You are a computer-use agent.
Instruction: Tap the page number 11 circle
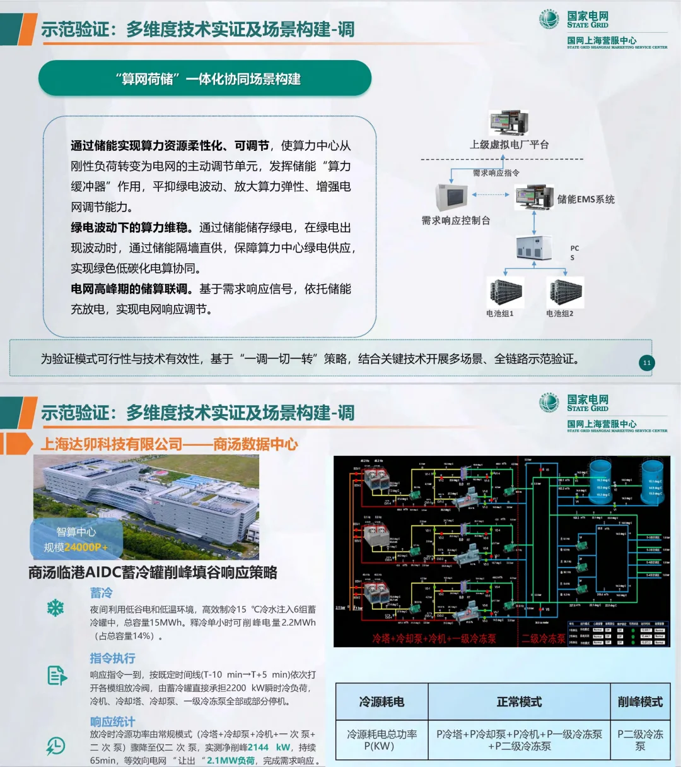point(646,362)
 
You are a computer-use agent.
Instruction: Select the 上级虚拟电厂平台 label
point(509,145)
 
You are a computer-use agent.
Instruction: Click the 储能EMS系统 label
point(585,199)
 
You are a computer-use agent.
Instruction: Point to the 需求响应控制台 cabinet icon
point(451,197)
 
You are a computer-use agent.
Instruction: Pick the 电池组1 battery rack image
point(504,292)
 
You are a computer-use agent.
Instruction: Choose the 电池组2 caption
point(559,314)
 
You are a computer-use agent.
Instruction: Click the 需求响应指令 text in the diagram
point(496,173)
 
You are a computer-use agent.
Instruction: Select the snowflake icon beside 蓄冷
point(55,608)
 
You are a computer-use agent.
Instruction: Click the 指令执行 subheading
point(112,658)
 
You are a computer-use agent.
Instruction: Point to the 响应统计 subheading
point(112,721)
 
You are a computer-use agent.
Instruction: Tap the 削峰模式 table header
point(640,702)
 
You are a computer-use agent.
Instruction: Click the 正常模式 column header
point(519,702)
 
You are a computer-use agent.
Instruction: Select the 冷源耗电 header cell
point(381,702)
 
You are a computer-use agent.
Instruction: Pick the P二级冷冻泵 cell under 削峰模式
point(640,740)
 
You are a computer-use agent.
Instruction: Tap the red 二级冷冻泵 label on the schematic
point(544,639)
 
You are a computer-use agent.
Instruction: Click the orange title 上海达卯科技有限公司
point(111,444)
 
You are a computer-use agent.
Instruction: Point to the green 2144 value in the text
point(258,747)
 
